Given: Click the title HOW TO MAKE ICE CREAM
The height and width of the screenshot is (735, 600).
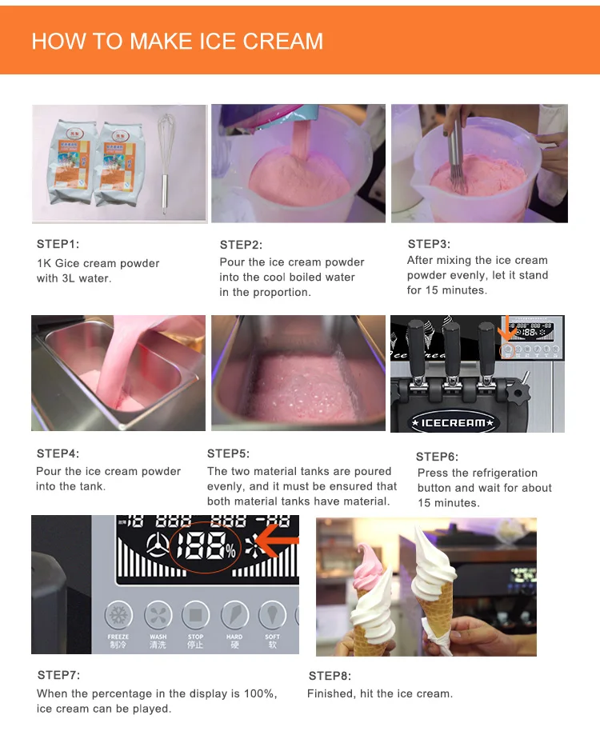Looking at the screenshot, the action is [177, 42].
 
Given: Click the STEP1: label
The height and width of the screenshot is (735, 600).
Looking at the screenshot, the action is [58, 244].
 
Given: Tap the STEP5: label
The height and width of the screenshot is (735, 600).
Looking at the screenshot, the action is [228, 453].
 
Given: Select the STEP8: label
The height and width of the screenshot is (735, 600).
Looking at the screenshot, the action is [330, 676].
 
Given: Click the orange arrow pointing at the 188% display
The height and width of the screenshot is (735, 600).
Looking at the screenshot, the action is [277, 541].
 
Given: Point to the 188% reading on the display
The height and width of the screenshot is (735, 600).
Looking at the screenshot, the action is [206, 546].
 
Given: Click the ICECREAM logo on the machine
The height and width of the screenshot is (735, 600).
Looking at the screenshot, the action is [453, 423].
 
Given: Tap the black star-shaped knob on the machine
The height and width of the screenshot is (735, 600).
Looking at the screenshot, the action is [518, 393].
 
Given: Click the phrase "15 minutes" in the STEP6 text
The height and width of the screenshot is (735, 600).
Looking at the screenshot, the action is [449, 503].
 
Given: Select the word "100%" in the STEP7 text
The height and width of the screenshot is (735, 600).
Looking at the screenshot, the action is [260, 693].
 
